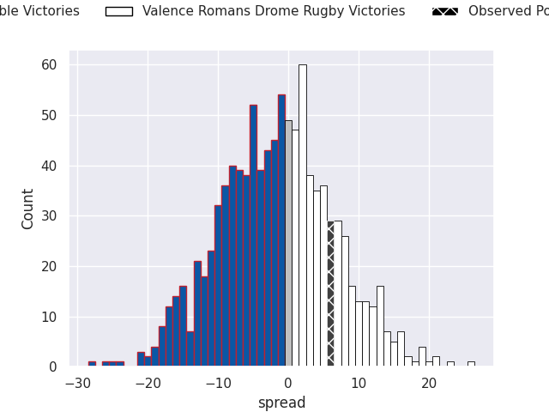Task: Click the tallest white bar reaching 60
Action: point(302,215)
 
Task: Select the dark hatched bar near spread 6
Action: point(330,294)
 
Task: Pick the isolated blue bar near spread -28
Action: point(92,364)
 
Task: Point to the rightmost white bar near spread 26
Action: point(471,364)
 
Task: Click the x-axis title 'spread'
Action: point(281,403)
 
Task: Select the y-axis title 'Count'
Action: point(28,209)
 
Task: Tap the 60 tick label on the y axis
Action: point(49,65)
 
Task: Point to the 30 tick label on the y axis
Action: point(49,216)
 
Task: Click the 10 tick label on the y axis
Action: point(49,317)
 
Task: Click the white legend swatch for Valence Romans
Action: point(118,12)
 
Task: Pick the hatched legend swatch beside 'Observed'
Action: point(444,12)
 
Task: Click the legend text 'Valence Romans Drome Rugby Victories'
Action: point(274,12)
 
